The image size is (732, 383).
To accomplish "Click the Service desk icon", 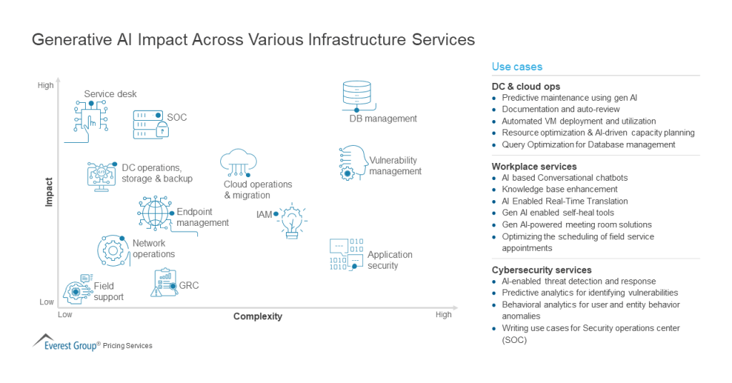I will click(91, 117).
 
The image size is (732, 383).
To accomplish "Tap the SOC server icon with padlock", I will click(151, 124).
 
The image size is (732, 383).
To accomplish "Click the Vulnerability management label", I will click(395, 166).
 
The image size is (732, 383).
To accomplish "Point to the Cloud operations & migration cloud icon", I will click(238, 164).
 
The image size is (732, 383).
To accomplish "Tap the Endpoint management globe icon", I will click(154, 212).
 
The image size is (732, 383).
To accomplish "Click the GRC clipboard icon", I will click(164, 283).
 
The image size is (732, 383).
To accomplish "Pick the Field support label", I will click(109, 292).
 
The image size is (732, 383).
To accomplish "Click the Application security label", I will click(390, 260).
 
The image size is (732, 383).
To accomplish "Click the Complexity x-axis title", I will click(257, 317).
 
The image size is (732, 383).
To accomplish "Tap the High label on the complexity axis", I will click(443, 314).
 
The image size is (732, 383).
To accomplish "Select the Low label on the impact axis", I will click(46, 302).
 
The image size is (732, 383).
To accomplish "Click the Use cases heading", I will click(517, 66).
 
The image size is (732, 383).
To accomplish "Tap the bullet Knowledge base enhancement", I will click(560, 189).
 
